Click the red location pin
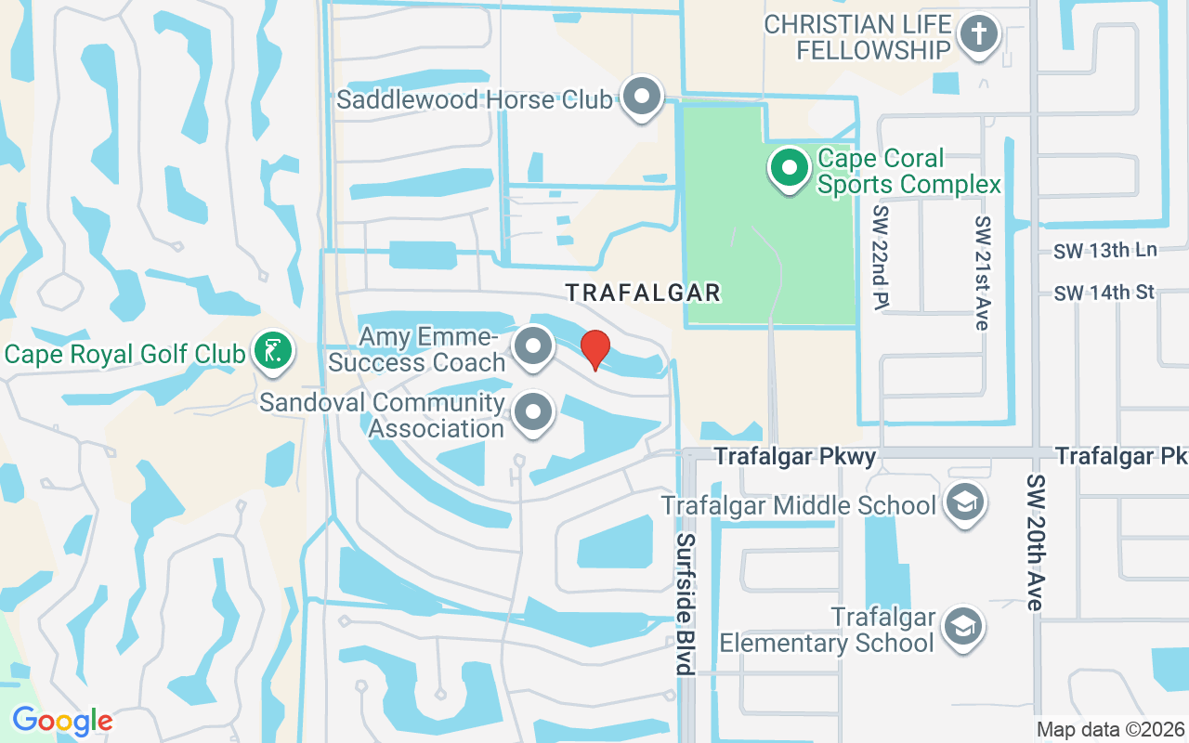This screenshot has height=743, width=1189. coord(594,349)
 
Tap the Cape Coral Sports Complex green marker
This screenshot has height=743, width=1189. coord(790,169)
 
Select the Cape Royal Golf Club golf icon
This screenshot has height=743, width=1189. coord(272,351)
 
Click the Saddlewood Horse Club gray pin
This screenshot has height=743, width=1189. coord(641,97)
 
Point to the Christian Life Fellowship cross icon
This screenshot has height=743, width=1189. coord(977,35)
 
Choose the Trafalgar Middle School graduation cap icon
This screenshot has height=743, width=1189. coord(965,503)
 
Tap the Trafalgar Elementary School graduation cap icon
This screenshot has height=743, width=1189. coord(965,627)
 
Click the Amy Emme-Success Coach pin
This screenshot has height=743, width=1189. coord(533,346)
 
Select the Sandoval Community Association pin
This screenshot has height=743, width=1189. coord(533,412)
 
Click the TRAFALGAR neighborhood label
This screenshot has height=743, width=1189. coord(644,293)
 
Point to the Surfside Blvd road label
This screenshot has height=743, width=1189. coord(686,604)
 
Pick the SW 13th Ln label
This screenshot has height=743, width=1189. coord(1105,251)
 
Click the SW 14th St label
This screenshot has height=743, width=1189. coord(1104,293)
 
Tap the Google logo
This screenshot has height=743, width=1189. coord(62,720)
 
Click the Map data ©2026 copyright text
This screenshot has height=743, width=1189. coord(1110,729)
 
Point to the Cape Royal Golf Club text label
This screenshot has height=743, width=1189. coord(125,353)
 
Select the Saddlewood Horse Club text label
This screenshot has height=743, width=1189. coord(474,99)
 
